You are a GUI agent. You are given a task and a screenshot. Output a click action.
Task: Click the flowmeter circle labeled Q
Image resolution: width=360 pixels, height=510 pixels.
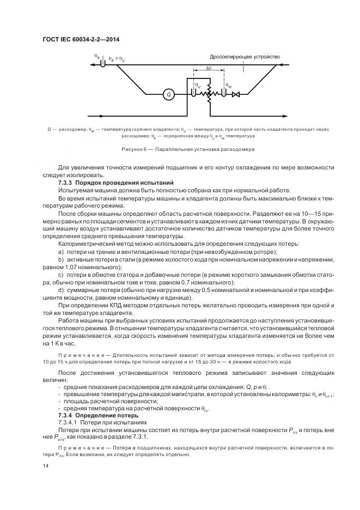(x=169, y=94)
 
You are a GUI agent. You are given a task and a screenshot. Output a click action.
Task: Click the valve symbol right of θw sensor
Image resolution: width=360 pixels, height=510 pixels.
(x=236, y=94)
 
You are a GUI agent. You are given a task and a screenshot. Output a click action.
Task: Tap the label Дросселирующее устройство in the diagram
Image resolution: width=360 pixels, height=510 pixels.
(x=245, y=56)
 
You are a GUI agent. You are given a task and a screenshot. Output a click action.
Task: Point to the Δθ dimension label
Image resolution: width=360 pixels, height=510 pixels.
(x=209, y=69)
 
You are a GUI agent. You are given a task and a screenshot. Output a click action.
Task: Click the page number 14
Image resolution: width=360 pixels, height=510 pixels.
(x=45, y=466)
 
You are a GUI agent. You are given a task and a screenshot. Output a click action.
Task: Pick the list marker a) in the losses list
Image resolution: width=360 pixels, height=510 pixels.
(x=60, y=252)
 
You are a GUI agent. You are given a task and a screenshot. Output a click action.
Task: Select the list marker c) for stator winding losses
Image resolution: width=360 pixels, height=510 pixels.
(x=60, y=275)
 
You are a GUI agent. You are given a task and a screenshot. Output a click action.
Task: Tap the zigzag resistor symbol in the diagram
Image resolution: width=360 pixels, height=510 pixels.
(x=207, y=94)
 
